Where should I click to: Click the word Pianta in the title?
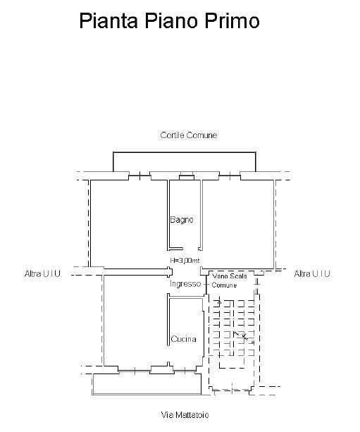[x=108, y=21]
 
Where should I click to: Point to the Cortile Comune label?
[x=189, y=135]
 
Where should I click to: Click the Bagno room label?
[x=182, y=220]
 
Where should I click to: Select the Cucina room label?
[x=183, y=339]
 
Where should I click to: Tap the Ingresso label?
[x=185, y=284]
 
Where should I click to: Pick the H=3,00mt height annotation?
[x=185, y=260]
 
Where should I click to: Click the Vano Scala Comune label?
[x=230, y=280]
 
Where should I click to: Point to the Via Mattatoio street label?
[x=185, y=414]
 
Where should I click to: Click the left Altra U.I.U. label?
[x=43, y=273]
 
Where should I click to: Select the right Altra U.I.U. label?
[x=313, y=273]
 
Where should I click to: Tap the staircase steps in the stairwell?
[x=234, y=328]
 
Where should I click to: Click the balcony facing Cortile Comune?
[x=185, y=162]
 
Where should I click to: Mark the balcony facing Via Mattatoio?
[x=147, y=384]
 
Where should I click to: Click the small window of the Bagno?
[x=187, y=177]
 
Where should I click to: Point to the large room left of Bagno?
[x=129, y=223]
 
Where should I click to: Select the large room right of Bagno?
[x=238, y=223]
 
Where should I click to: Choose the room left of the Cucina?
[x=136, y=321]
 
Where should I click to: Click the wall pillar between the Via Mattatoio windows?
[x=161, y=369]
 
